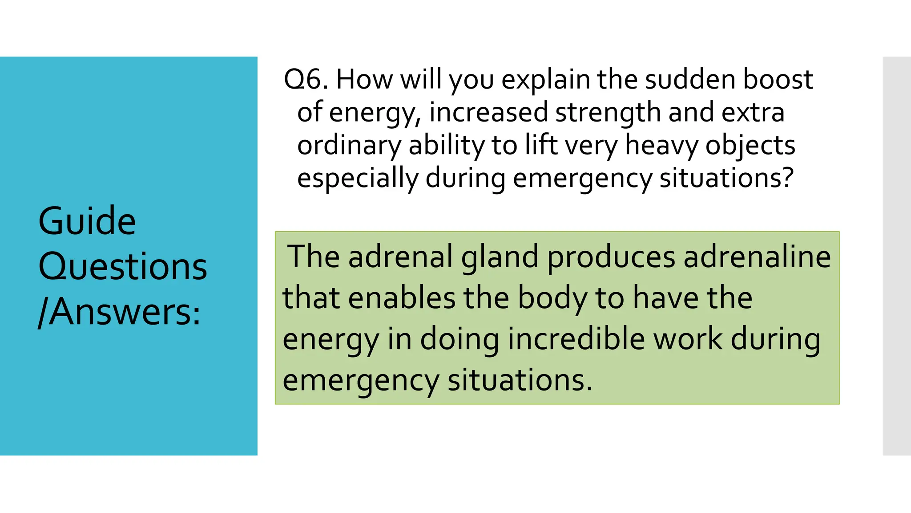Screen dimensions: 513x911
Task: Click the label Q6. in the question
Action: click(x=306, y=80)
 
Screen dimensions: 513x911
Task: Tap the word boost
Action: click(x=778, y=80)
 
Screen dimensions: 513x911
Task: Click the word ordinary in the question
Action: click(x=349, y=146)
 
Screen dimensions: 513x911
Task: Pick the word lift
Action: click(x=541, y=145)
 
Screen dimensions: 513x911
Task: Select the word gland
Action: click(x=500, y=258)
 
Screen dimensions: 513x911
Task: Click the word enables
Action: click(x=402, y=298)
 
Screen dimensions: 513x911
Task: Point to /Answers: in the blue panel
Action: click(x=120, y=312)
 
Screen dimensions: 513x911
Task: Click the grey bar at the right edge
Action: click(x=896, y=256)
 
